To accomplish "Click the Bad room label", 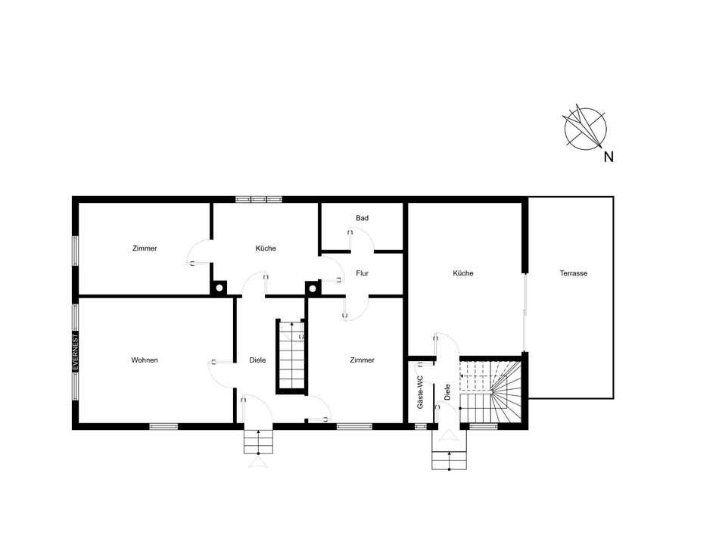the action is click(362, 218).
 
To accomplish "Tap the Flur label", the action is click(362, 273).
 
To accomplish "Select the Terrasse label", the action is click(573, 273).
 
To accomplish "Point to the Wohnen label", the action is click(145, 360).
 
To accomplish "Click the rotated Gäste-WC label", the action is click(420, 393).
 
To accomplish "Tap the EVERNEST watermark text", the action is click(76, 352).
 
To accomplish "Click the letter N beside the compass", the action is click(609, 157).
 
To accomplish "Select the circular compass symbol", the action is click(585, 128).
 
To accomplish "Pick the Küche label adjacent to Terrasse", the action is click(462, 273).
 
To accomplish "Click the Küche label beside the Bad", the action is click(266, 248).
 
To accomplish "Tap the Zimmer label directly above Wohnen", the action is click(145, 248).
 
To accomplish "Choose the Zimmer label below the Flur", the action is click(362, 360).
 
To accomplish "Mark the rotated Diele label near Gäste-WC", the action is click(447, 393).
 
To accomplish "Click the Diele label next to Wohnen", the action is click(257, 360).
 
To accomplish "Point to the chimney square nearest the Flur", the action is click(313, 288).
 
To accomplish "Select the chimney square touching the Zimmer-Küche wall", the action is click(219, 288).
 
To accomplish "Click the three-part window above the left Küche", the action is click(259, 200).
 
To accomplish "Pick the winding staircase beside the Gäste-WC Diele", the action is click(490, 392).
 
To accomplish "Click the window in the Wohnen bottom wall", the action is click(163, 427).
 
